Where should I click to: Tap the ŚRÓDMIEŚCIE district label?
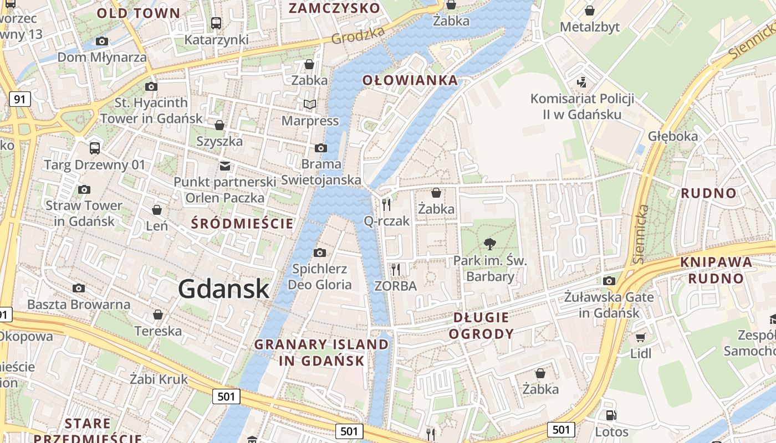tap(242, 224)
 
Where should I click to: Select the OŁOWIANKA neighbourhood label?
tap(410, 80)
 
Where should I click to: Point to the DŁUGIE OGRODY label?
tap(481, 326)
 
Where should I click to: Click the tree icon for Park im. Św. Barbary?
tap(489, 244)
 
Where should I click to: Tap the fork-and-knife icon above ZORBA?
tap(396, 270)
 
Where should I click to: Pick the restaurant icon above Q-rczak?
tap(386, 205)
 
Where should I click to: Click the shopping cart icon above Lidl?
tap(641, 337)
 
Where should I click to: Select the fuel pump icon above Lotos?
tap(611, 415)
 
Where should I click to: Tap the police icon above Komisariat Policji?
tap(581, 83)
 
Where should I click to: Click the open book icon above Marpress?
tap(309, 104)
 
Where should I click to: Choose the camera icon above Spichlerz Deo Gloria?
tap(320, 253)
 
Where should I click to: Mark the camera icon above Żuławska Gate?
tap(609, 281)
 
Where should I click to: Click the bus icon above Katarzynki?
tap(216, 23)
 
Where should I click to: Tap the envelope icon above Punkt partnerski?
tap(224, 166)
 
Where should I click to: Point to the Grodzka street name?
tap(358, 35)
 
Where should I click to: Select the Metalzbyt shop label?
tap(590, 27)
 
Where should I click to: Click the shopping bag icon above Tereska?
tap(158, 315)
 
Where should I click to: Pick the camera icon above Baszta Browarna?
tap(79, 288)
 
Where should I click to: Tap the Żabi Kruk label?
tap(159, 379)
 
